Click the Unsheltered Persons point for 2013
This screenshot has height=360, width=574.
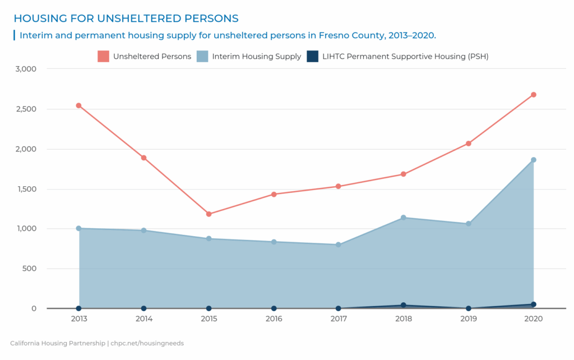click(78, 105)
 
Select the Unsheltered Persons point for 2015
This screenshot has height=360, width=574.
click(209, 214)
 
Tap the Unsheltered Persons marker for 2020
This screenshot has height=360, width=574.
click(534, 95)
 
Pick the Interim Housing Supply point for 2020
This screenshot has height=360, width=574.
click(534, 160)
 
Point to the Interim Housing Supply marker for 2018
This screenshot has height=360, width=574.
click(404, 218)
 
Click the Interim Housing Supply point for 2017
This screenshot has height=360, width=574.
click(339, 244)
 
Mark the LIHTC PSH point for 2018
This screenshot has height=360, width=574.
click(404, 305)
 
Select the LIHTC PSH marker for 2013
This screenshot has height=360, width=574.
click(78, 308)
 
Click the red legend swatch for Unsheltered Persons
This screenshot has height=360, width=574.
click(103, 56)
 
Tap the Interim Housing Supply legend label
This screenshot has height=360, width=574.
click(256, 56)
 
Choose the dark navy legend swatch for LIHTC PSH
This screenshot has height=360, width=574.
click(313, 56)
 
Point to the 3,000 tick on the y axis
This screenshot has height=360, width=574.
click(26, 69)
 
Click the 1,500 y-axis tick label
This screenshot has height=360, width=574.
click(26, 189)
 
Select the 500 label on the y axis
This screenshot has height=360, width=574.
click(29, 269)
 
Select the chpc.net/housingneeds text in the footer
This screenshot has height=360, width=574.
click(147, 343)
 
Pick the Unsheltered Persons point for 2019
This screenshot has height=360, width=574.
click(469, 144)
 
